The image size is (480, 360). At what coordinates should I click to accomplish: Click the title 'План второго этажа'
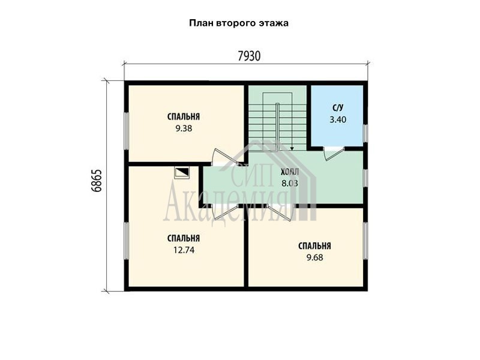click(x=239, y=23)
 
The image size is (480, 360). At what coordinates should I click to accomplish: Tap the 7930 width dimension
click(x=249, y=56)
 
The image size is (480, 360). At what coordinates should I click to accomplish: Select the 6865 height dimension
click(x=97, y=181)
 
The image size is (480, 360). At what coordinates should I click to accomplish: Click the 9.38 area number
click(x=184, y=128)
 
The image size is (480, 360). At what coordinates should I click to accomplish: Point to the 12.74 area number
click(x=184, y=250)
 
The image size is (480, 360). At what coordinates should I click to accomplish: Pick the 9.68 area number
click(x=314, y=258)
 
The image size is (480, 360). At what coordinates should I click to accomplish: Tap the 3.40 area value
click(x=338, y=119)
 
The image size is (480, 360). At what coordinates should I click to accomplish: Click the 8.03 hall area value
click(x=290, y=184)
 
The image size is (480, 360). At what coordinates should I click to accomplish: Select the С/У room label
click(x=338, y=108)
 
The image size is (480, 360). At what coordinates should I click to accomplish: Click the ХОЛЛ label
click(x=290, y=172)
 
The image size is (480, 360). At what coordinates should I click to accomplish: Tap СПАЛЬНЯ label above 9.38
click(x=184, y=116)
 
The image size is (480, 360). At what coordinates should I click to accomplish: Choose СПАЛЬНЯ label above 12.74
click(x=184, y=238)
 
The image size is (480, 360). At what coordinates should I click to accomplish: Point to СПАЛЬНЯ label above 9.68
click(x=314, y=246)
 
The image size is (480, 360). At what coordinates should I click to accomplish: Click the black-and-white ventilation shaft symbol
click(x=182, y=173)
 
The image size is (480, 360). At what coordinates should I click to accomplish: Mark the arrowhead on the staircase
click(x=292, y=148)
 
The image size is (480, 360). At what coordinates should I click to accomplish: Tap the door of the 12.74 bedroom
click(x=225, y=212)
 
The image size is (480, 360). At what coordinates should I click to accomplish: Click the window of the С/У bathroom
click(x=365, y=133)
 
